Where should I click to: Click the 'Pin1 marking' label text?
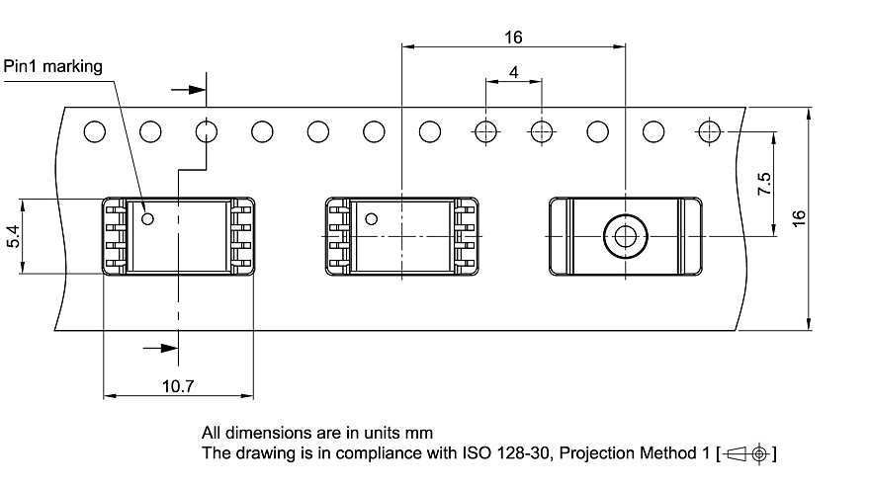point(52,66)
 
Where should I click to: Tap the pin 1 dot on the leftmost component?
point(148,218)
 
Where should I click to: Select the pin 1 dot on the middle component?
point(372,219)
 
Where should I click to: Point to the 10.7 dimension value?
point(178,384)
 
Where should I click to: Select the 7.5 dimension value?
point(764,185)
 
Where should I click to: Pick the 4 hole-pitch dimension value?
point(513,72)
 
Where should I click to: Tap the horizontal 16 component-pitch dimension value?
point(512,38)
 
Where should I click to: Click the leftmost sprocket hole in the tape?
point(94,130)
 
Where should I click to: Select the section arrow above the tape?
point(188,90)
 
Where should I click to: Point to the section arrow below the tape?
point(159,347)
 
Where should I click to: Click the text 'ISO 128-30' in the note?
point(499,454)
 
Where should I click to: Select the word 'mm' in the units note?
point(420,433)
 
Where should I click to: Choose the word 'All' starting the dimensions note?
point(213,433)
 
